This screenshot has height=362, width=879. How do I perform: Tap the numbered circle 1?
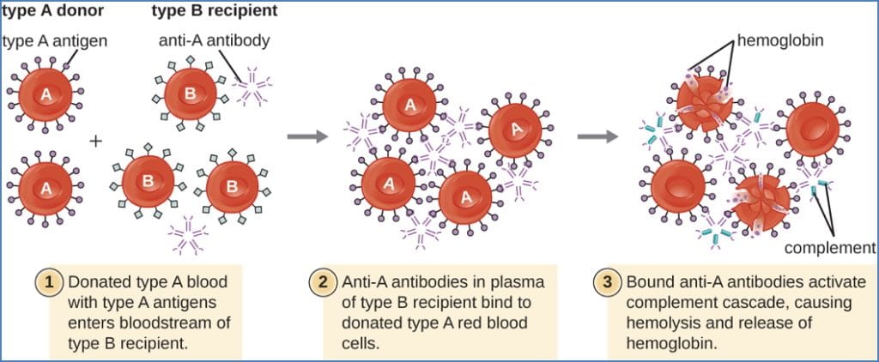(x=46, y=281)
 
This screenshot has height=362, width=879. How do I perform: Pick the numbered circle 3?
(x=607, y=281)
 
